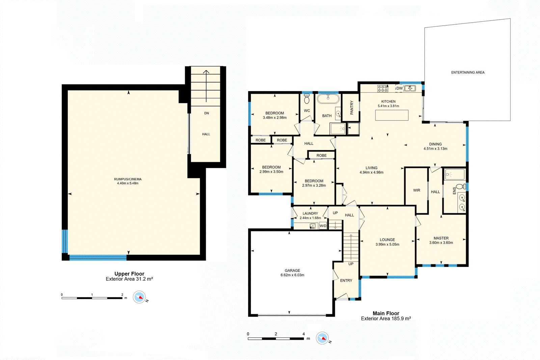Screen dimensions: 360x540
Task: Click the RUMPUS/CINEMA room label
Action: tap(128, 179)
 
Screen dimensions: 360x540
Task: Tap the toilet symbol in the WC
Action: tap(307, 99)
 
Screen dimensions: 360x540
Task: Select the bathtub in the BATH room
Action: tap(328, 99)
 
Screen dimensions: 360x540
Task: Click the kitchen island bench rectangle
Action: tap(392, 115)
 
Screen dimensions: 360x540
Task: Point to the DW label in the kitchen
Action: tap(400, 88)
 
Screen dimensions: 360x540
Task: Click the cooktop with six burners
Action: tap(383, 88)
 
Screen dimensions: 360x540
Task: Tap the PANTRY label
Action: tap(351, 108)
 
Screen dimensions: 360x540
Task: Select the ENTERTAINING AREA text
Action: tap(468, 73)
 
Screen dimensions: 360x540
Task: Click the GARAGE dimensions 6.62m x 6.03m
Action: tap(292, 275)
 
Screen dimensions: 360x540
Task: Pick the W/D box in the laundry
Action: tap(323, 226)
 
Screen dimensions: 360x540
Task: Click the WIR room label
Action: tap(416, 190)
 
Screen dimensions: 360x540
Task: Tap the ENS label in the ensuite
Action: tap(454, 191)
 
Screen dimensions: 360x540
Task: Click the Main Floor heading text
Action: tap(386, 313)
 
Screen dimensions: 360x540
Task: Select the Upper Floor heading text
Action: tap(129, 274)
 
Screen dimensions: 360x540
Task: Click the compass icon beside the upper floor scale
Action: tap(139, 297)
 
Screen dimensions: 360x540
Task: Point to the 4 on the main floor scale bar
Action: tap(303, 334)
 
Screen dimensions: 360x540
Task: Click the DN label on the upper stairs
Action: tap(207, 113)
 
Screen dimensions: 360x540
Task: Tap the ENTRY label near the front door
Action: tap(346, 281)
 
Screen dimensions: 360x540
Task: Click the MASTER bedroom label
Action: tap(441, 238)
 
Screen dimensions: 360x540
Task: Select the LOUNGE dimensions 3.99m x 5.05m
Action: tap(387, 245)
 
